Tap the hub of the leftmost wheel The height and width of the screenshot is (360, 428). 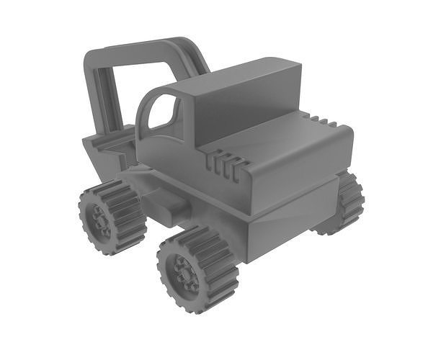[x=99, y=219]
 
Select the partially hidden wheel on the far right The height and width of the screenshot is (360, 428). [x=347, y=203]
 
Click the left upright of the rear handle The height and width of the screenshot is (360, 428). [x=94, y=94]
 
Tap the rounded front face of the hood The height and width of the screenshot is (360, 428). [x=303, y=173]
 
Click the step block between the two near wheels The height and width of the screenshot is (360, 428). [x=170, y=207]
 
